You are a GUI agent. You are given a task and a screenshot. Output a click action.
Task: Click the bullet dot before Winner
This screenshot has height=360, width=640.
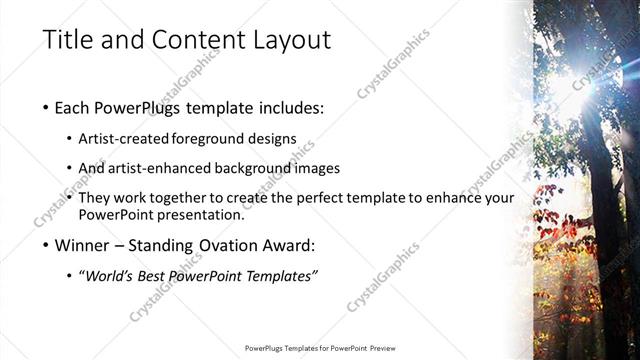(x=46, y=245)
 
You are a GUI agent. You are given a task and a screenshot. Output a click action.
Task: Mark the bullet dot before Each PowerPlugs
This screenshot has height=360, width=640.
(x=46, y=107)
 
